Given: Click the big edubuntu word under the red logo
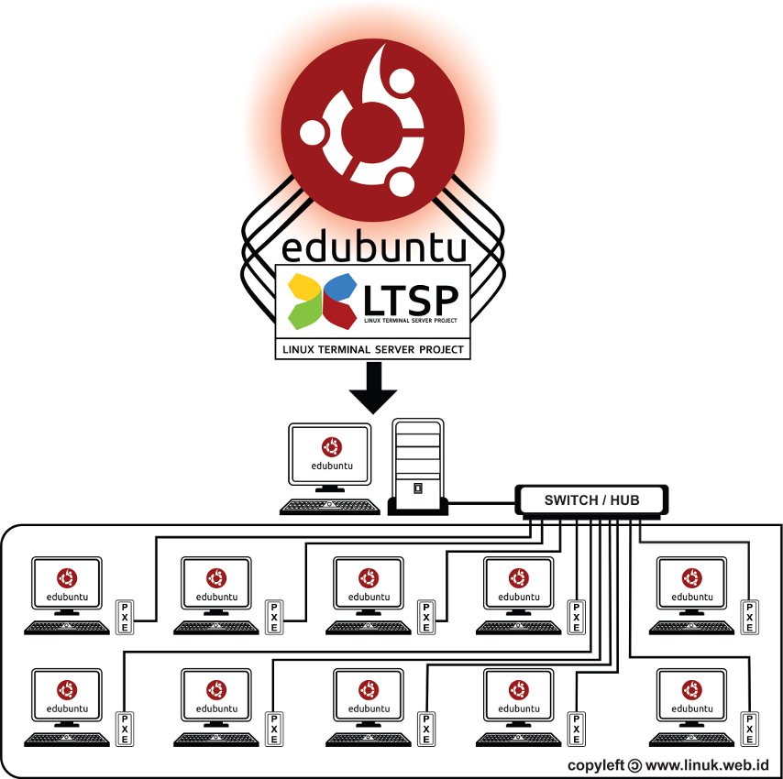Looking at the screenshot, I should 373,248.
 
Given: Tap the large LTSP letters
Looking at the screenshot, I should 413,299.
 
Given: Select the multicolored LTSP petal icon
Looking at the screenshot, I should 322,301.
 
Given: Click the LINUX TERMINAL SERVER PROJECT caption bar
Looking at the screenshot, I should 373,349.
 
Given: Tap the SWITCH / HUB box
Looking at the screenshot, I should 591,499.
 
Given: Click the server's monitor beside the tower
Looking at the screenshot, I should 331,455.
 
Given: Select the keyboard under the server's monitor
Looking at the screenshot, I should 330,507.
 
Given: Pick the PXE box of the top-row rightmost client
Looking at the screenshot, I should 750,617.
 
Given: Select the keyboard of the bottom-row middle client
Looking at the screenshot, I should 368,739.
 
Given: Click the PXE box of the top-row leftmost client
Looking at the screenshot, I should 124,617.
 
